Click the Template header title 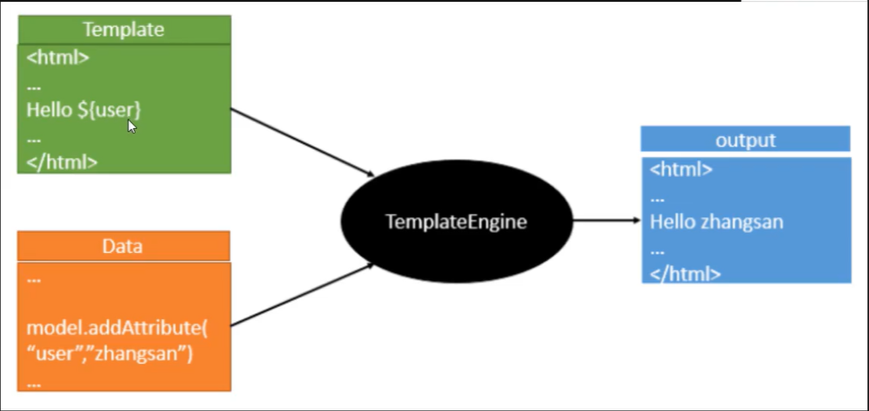pos(124,30)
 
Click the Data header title pos(122,246)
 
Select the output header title pos(745,140)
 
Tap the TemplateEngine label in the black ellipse pos(456,222)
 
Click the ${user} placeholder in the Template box pos(110,110)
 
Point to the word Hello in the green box pos(50,110)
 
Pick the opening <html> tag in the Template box pos(58,58)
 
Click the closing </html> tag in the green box pos(62,162)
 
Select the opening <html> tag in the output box pos(681,169)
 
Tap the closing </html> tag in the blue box pos(686,273)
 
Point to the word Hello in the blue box pos(673,222)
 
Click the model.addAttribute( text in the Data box pos(117,328)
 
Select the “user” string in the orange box pos(59,354)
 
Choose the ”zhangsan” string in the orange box pos(142,354)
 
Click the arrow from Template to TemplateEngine pos(303,142)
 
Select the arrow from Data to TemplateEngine pos(303,295)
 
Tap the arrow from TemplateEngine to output pos(606,220)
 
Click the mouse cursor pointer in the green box pos(132,127)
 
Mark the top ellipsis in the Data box pos(34,281)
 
